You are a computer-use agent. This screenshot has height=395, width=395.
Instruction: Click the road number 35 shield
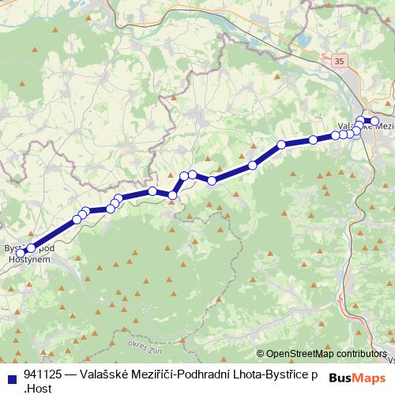[x=340, y=60]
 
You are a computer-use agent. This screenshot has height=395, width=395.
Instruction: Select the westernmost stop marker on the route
[x=21, y=253]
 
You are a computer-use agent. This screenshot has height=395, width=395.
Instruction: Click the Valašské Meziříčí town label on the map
[x=365, y=126]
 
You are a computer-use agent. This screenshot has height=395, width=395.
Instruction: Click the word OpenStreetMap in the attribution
[x=301, y=354]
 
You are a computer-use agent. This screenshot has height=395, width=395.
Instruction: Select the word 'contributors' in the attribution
[x=362, y=354]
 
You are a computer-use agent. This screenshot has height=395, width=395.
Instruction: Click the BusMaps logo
[x=359, y=378]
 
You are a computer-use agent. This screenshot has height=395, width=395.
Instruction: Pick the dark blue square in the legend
[x=9, y=376]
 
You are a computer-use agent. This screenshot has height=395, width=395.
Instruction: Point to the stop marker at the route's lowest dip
[x=172, y=194]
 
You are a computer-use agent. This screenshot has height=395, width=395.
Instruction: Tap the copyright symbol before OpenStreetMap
[x=261, y=354]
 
